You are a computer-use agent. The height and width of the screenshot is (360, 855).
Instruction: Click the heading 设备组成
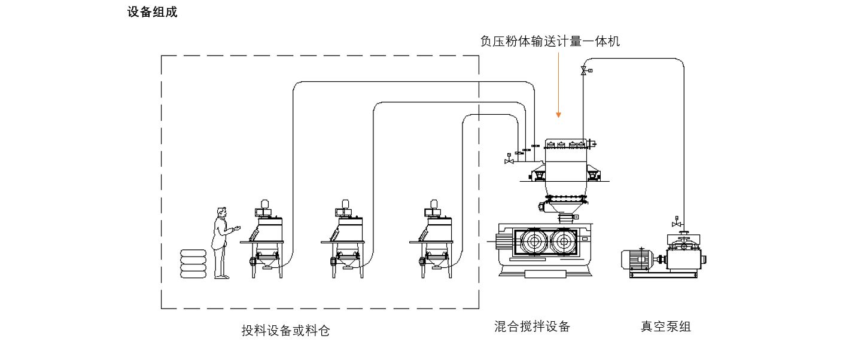point(152,12)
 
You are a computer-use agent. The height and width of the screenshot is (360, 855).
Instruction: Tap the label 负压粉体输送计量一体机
point(550,41)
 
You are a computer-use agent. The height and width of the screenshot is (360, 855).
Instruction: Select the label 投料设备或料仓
point(285,330)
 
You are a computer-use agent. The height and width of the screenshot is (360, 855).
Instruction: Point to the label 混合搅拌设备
point(532,327)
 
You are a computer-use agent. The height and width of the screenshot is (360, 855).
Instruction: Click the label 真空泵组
point(665,327)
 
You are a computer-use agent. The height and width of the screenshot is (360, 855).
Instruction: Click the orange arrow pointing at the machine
point(558,84)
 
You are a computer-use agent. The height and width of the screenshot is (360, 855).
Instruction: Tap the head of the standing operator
point(222,212)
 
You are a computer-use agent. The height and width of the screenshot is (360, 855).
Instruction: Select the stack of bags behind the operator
point(194,263)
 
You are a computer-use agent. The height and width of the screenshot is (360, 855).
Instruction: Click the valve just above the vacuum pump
point(677,224)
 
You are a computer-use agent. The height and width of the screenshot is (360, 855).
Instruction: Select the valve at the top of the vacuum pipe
point(584,71)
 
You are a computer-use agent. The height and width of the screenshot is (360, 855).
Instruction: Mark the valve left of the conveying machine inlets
point(509,161)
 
